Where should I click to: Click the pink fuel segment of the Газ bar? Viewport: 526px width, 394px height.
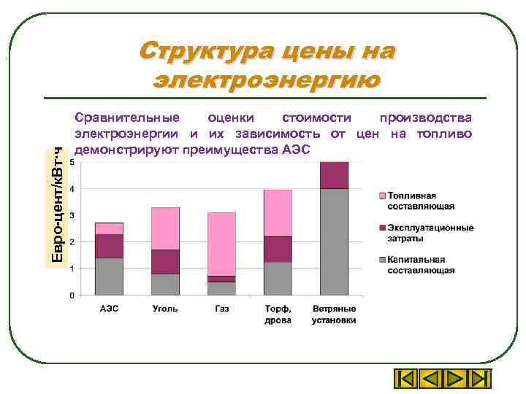[x=221, y=244]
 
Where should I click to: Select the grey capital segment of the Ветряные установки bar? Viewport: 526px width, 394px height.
[x=334, y=242]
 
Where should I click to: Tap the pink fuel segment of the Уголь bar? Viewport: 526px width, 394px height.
[x=165, y=228]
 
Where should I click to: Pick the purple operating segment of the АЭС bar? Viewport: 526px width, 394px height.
[x=109, y=246]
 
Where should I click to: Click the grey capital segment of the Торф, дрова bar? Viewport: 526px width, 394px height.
[x=278, y=278]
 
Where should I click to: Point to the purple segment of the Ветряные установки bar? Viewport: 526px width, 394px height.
[x=334, y=175]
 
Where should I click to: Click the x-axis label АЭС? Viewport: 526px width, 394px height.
[x=109, y=309]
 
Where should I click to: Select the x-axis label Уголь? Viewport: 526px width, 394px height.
[x=165, y=309]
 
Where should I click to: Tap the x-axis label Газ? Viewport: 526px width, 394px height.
[x=221, y=309]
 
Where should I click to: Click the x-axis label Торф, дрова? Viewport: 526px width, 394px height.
[x=278, y=314]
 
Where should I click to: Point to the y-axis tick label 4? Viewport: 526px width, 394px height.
[x=71, y=189]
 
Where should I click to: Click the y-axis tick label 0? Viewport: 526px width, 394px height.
[x=71, y=295]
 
